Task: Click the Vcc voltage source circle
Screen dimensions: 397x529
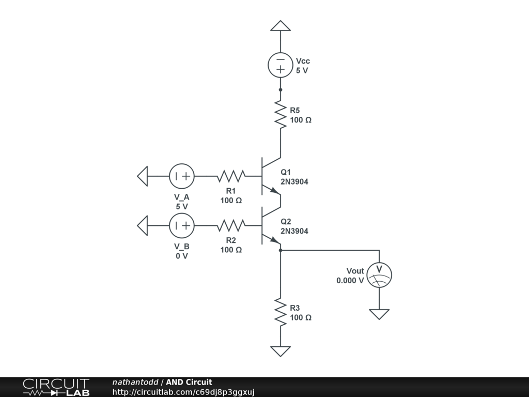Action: pos(281,65)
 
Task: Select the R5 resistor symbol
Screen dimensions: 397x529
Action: pos(281,115)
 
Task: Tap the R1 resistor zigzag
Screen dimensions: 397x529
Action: pos(231,176)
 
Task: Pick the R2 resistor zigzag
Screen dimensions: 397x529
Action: pos(231,225)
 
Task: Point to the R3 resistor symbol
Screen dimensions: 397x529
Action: pos(281,312)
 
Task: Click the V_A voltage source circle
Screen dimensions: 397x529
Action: pos(181,176)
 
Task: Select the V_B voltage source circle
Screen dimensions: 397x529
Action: pos(181,225)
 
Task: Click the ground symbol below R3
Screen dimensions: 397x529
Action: pos(281,351)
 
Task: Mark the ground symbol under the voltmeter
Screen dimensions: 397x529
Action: pos(379,314)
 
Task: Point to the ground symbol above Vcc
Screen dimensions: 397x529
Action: pos(281,26)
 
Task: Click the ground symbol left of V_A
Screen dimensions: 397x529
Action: pos(143,176)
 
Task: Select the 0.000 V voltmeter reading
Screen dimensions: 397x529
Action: pos(350,281)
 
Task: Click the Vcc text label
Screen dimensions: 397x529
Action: pos(303,61)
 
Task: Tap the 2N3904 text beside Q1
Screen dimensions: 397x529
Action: pos(294,181)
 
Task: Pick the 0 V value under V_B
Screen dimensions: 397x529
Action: pos(181,256)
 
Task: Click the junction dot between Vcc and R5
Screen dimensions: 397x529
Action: pos(281,89)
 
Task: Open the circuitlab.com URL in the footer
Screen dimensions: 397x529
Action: pos(183,392)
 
